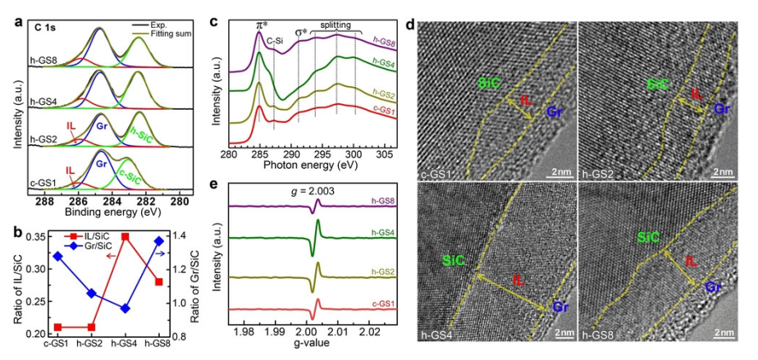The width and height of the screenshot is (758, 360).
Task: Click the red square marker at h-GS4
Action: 126,236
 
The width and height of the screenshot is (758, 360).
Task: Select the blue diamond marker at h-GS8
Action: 159,240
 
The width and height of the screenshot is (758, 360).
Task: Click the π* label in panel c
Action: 261,25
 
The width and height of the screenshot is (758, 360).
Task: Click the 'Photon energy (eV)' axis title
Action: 311,164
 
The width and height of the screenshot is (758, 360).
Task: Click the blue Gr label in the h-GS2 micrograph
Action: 722,107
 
